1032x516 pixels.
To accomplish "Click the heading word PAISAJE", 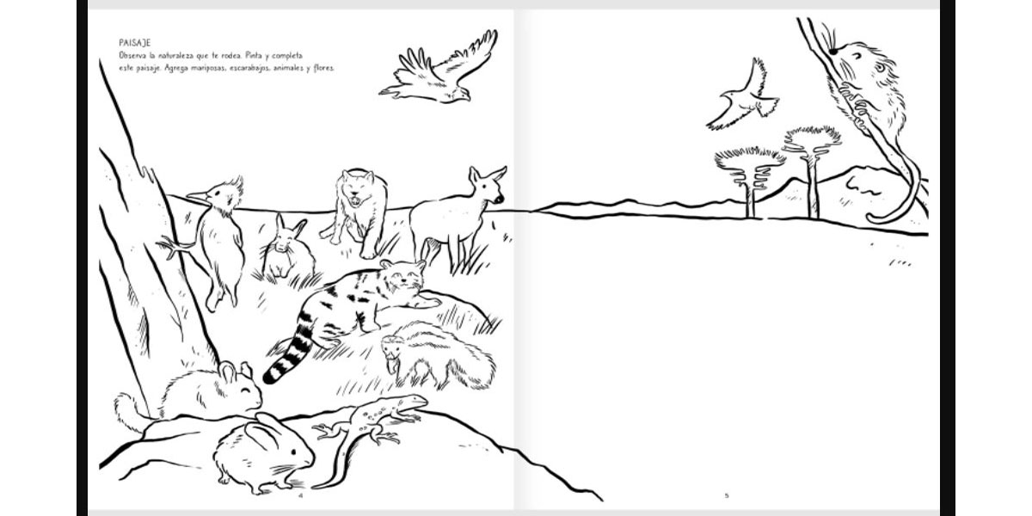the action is pos(134,43).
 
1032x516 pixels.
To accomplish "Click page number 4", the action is pos(301,495).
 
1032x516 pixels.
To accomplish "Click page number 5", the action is pos(727,495).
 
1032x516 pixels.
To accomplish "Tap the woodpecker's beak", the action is pos(197,197).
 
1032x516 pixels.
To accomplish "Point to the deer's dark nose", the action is pos(499,199).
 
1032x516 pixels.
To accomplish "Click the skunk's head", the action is pos(392,351).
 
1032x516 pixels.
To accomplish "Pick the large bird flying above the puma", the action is pos(438,69).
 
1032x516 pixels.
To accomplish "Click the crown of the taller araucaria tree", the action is pos(812,139).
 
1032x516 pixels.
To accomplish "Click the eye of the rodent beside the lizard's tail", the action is pos(294,452).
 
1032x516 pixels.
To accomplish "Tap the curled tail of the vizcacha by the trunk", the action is pos(129,411).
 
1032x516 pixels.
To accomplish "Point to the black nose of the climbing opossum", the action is pos(833,52).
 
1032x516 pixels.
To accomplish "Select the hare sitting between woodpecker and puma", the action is pos(288,248).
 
